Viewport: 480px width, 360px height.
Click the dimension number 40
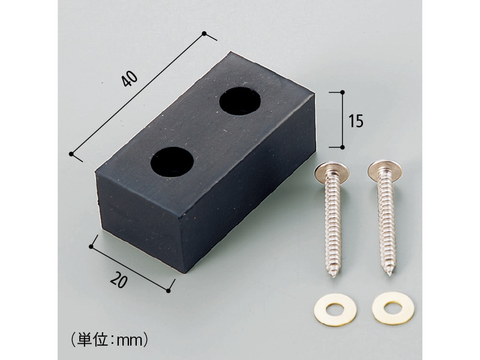click(130, 79)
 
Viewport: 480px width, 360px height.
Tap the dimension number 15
click(356, 121)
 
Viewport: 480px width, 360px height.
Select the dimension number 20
click(118, 280)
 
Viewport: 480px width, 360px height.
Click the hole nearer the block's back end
click(240, 101)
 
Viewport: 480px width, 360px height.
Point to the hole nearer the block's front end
click(172, 162)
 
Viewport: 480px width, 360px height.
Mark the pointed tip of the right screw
click(389, 274)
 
